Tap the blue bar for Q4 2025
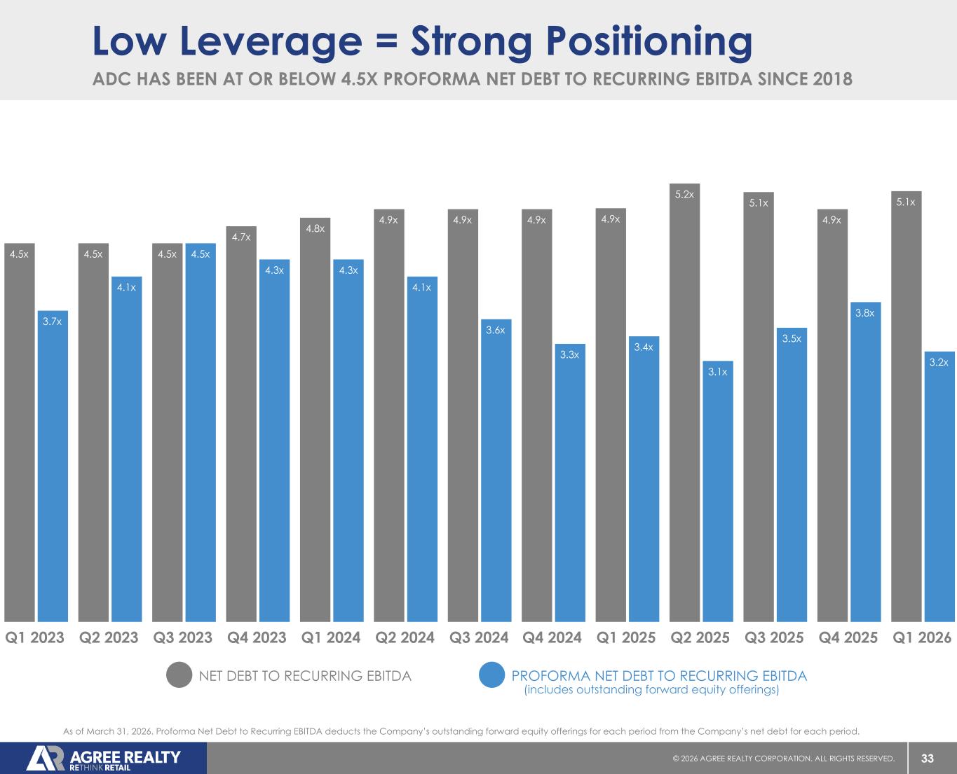(865, 462)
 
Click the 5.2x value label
(684, 194)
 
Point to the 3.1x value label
(717, 372)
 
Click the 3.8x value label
(865, 313)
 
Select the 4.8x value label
(315, 228)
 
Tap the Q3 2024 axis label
(478, 637)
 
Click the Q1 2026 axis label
(921, 637)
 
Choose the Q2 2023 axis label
(109, 637)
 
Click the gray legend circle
(179, 675)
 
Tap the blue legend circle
(492, 675)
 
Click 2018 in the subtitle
(832, 79)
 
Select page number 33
(928, 759)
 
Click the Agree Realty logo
(104, 759)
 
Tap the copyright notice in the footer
(783, 759)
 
